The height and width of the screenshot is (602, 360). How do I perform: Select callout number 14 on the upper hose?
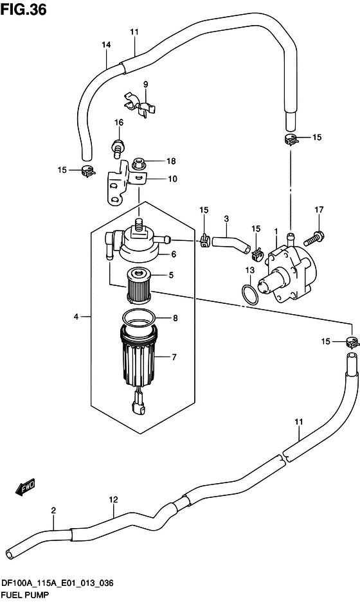pos(106,44)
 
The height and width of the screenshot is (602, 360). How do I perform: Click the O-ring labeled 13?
pos(250,294)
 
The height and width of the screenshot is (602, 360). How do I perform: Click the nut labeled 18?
pos(138,163)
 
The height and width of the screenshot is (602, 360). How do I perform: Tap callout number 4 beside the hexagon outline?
pos(76,317)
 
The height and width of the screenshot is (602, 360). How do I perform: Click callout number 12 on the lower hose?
pos(113,499)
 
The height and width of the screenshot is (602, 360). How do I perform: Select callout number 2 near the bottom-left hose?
pos(53,511)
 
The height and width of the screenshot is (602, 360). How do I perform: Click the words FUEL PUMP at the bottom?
pos(23,595)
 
